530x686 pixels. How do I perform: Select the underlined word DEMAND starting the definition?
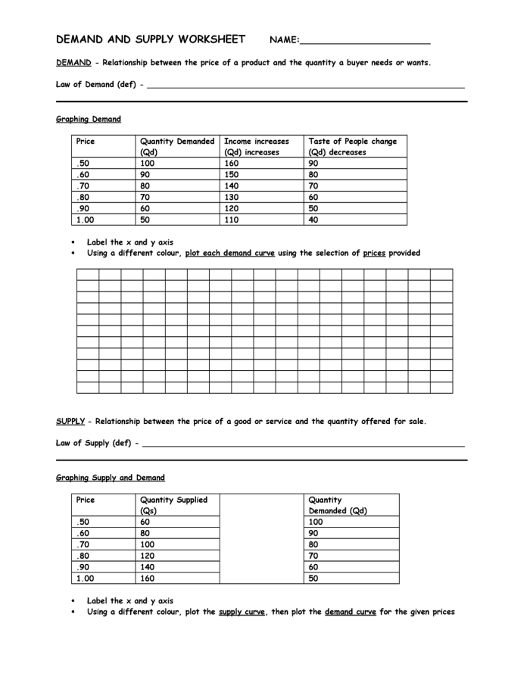coord(73,63)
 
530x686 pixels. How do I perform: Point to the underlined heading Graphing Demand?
coord(88,119)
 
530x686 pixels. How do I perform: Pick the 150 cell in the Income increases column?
coord(232,174)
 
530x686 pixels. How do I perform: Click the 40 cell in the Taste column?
coord(313,220)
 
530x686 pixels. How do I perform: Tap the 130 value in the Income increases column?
coord(232,197)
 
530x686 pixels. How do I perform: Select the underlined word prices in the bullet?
coord(374,253)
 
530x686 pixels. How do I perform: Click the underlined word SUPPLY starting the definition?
coord(70,422)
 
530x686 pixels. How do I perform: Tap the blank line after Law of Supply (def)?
coord(303,444)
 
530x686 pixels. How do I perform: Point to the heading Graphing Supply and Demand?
coord(110,478)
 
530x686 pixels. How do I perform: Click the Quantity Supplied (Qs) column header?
coord(173,505)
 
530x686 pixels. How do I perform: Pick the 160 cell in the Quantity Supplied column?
coord(148,578)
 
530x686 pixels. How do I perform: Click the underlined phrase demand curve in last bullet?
coord(350,612)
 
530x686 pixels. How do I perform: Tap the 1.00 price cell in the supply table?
coord(85,578)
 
